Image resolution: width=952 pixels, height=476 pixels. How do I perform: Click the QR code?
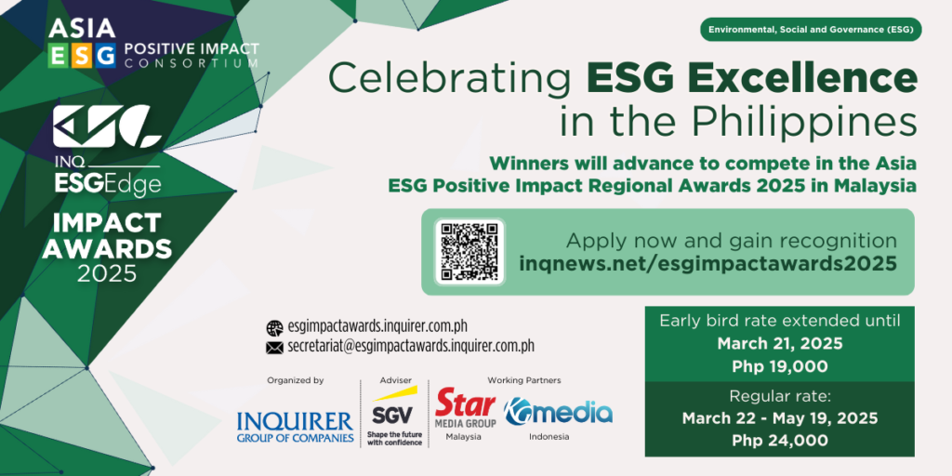pos(469,252)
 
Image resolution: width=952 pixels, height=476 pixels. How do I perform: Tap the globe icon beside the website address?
pos(274,328)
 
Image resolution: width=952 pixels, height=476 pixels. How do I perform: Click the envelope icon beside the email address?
pos(274,348)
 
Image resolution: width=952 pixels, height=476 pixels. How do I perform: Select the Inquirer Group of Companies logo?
pos(296,427)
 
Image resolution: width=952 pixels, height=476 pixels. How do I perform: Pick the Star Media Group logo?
pos(466,410)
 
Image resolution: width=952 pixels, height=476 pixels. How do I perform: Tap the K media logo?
pos(558,412)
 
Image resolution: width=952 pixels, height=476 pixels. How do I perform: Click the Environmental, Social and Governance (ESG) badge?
pos(811,30)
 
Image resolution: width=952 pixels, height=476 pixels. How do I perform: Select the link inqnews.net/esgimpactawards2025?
pos(707,263)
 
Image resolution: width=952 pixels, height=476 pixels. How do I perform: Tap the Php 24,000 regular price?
pos(780,441)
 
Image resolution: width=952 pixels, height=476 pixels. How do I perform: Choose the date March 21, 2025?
pos(780,344)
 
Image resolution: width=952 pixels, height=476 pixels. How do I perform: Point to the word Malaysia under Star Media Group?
pos(463,437)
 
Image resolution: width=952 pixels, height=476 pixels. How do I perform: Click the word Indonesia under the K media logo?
pos(549,437)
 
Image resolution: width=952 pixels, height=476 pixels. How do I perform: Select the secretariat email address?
pos(411,347)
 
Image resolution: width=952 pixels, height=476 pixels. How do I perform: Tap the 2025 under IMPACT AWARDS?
pos(107,273)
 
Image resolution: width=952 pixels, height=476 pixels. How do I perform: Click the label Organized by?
pos(295,380)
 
